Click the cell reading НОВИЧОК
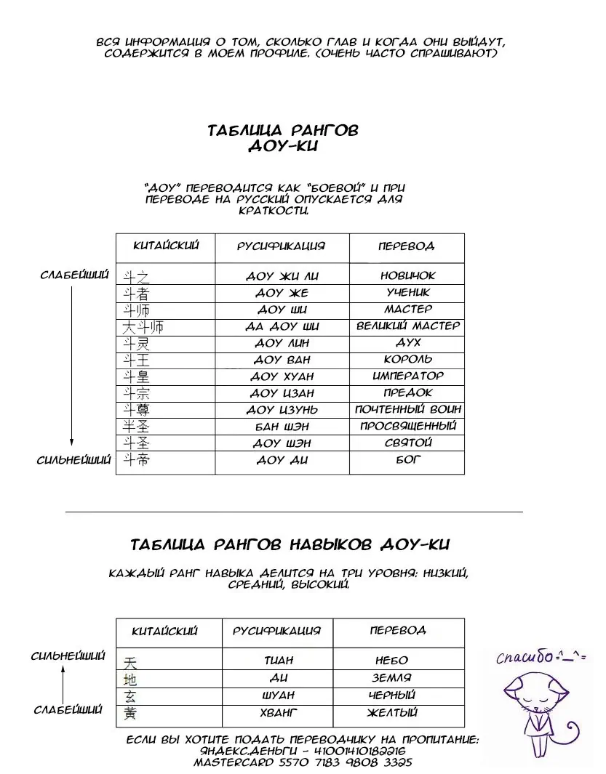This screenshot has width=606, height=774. [x=407, y=275]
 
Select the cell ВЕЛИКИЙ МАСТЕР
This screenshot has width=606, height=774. [x=407, y=326]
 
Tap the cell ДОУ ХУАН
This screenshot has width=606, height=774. [x=282, y=376]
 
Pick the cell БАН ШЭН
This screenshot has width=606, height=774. [x=282, y=427]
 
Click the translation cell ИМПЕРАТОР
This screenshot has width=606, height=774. [x=407, y=376]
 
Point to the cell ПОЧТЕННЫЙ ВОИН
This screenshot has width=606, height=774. [x=407, y=410]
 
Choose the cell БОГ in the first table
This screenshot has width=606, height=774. [x=408, y=460]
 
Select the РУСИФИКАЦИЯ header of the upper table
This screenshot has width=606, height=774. [x=282, y=246]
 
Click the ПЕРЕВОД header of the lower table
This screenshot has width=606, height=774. [x=398, y=630]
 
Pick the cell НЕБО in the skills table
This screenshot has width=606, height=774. [x=391, y=661]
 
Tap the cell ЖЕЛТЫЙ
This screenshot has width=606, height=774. [x=392, y=713]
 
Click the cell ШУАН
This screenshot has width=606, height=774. [x=277, y=696]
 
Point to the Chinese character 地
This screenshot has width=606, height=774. [x=130, y=680]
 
